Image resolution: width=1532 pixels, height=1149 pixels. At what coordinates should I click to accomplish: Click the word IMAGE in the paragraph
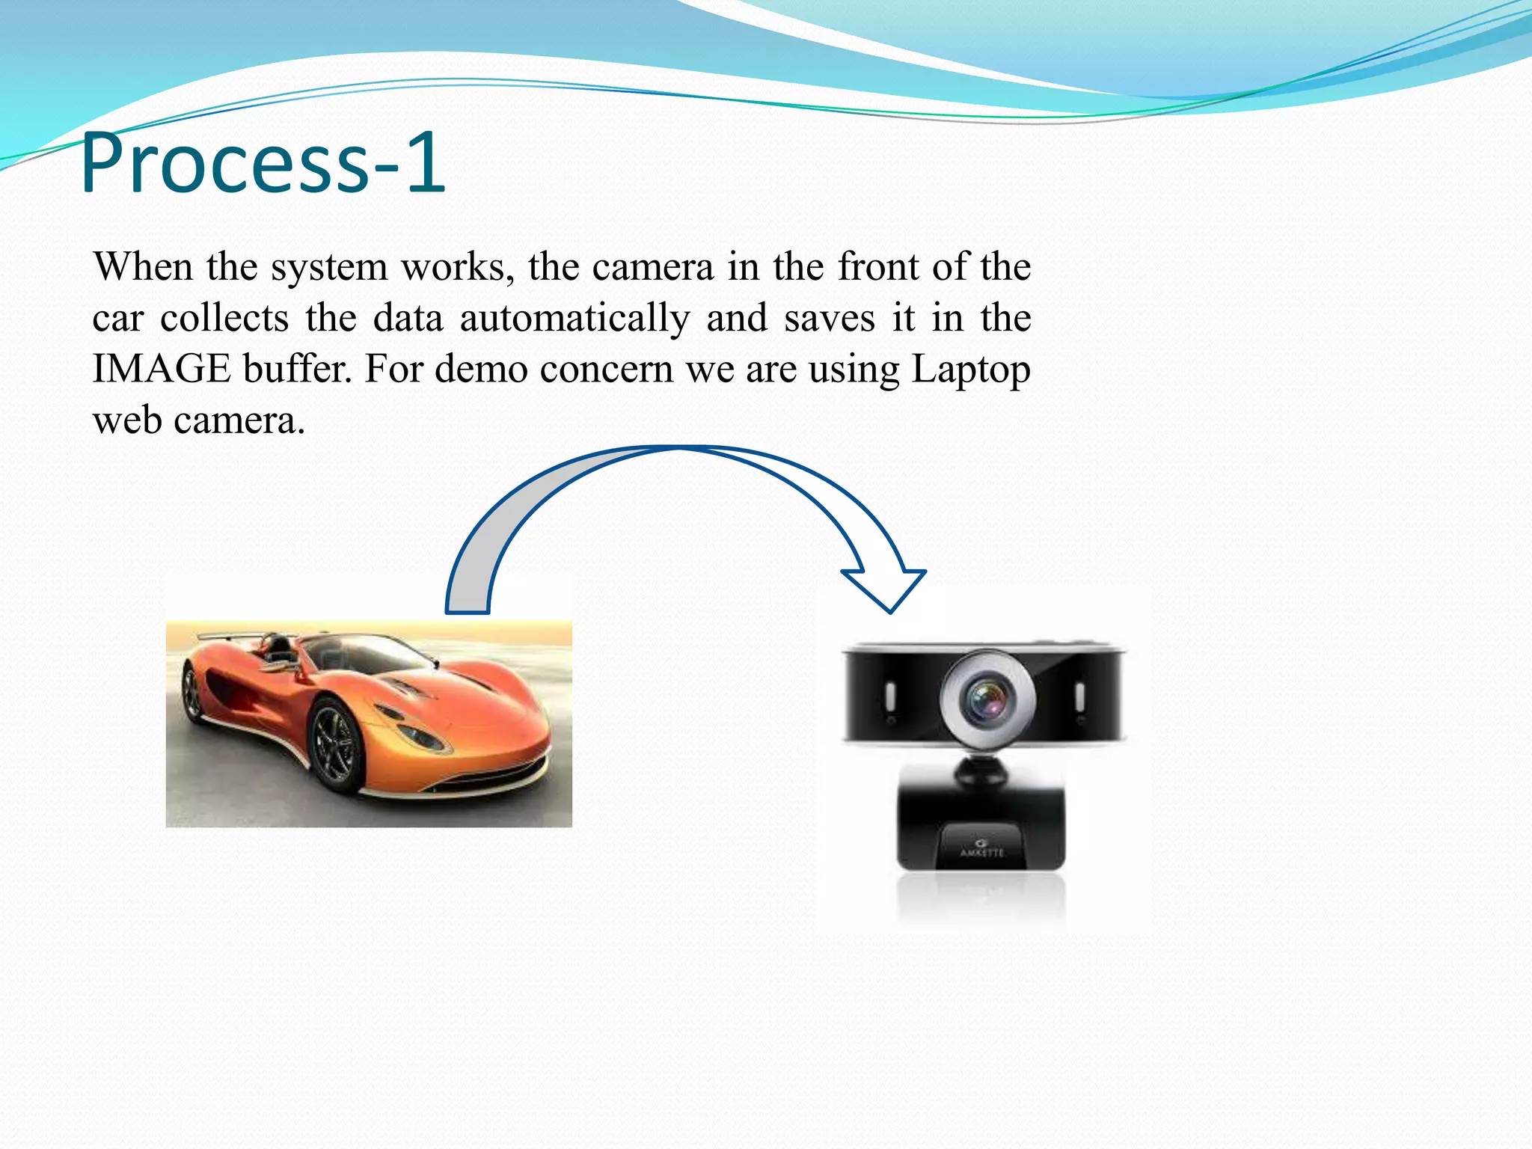click(x=161, y=369)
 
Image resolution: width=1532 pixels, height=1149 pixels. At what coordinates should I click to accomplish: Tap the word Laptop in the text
click(x=970, y=370)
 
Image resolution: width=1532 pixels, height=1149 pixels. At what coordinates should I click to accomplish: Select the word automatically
click(x=574, y=318)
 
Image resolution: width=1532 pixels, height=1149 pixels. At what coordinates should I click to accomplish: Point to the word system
click(x=328, y=268)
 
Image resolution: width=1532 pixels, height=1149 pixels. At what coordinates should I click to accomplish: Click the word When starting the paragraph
click(x=143, y=266)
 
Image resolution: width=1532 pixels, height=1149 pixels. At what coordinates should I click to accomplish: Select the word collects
click(x=224, y=318)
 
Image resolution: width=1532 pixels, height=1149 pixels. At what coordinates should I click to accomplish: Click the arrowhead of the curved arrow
click(x=886, y=588)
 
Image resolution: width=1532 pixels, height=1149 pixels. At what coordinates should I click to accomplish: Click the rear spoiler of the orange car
click(x=224, y=637)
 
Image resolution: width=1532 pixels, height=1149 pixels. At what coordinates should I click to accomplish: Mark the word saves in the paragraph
click(x=829, y=318)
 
